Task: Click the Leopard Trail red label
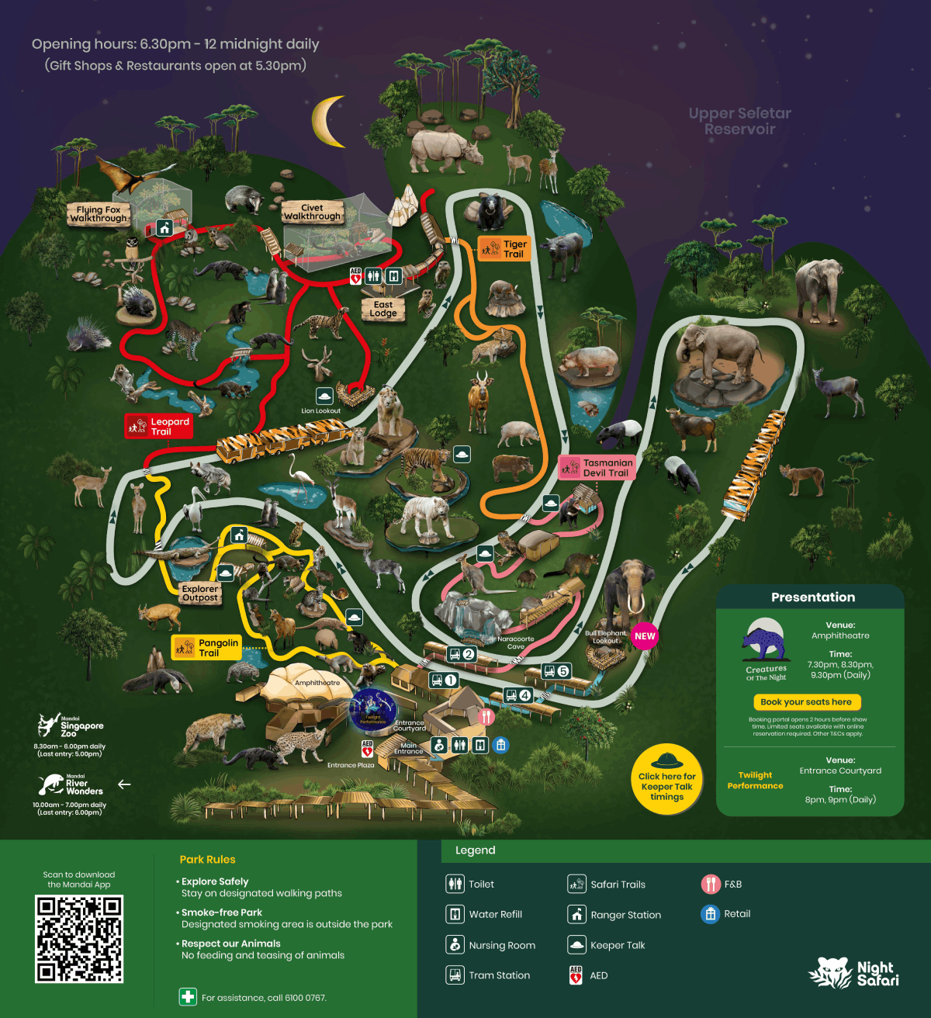159,426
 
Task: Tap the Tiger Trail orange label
504,248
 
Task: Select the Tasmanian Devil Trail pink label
597,467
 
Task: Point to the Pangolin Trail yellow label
207,647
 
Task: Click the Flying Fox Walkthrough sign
99,213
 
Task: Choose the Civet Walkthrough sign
312,212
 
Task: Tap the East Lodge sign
383,309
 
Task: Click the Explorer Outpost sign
200,594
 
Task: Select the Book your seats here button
806,701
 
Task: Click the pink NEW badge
645,635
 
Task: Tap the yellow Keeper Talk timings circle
666,780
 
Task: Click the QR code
79,939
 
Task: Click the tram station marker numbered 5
556,671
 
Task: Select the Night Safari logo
853,972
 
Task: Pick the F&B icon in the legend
711,884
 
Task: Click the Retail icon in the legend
711,914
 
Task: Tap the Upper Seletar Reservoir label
739,121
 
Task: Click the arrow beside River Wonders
124,784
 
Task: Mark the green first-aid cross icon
188,997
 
